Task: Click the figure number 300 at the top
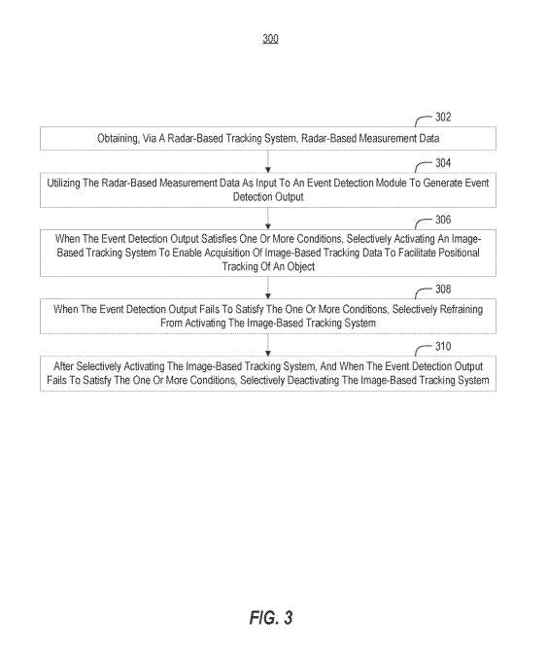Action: [270, 39]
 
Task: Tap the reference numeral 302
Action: [443, 117]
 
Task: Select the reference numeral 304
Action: [443, 162]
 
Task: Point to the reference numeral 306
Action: [443, 220]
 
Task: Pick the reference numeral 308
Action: [443, 289]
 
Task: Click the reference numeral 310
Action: [443, 346]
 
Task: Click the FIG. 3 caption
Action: [271, 617]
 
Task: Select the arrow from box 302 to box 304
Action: [268, 161]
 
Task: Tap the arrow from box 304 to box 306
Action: [268, 219]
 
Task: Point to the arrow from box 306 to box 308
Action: [268, 288]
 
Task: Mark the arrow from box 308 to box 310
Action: [268, 345]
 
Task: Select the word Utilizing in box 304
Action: [63, 184]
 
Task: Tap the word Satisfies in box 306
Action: [219, 239]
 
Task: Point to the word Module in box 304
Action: [392, 183]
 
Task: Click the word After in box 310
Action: [63, 366]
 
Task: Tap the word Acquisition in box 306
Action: [227, 253]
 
